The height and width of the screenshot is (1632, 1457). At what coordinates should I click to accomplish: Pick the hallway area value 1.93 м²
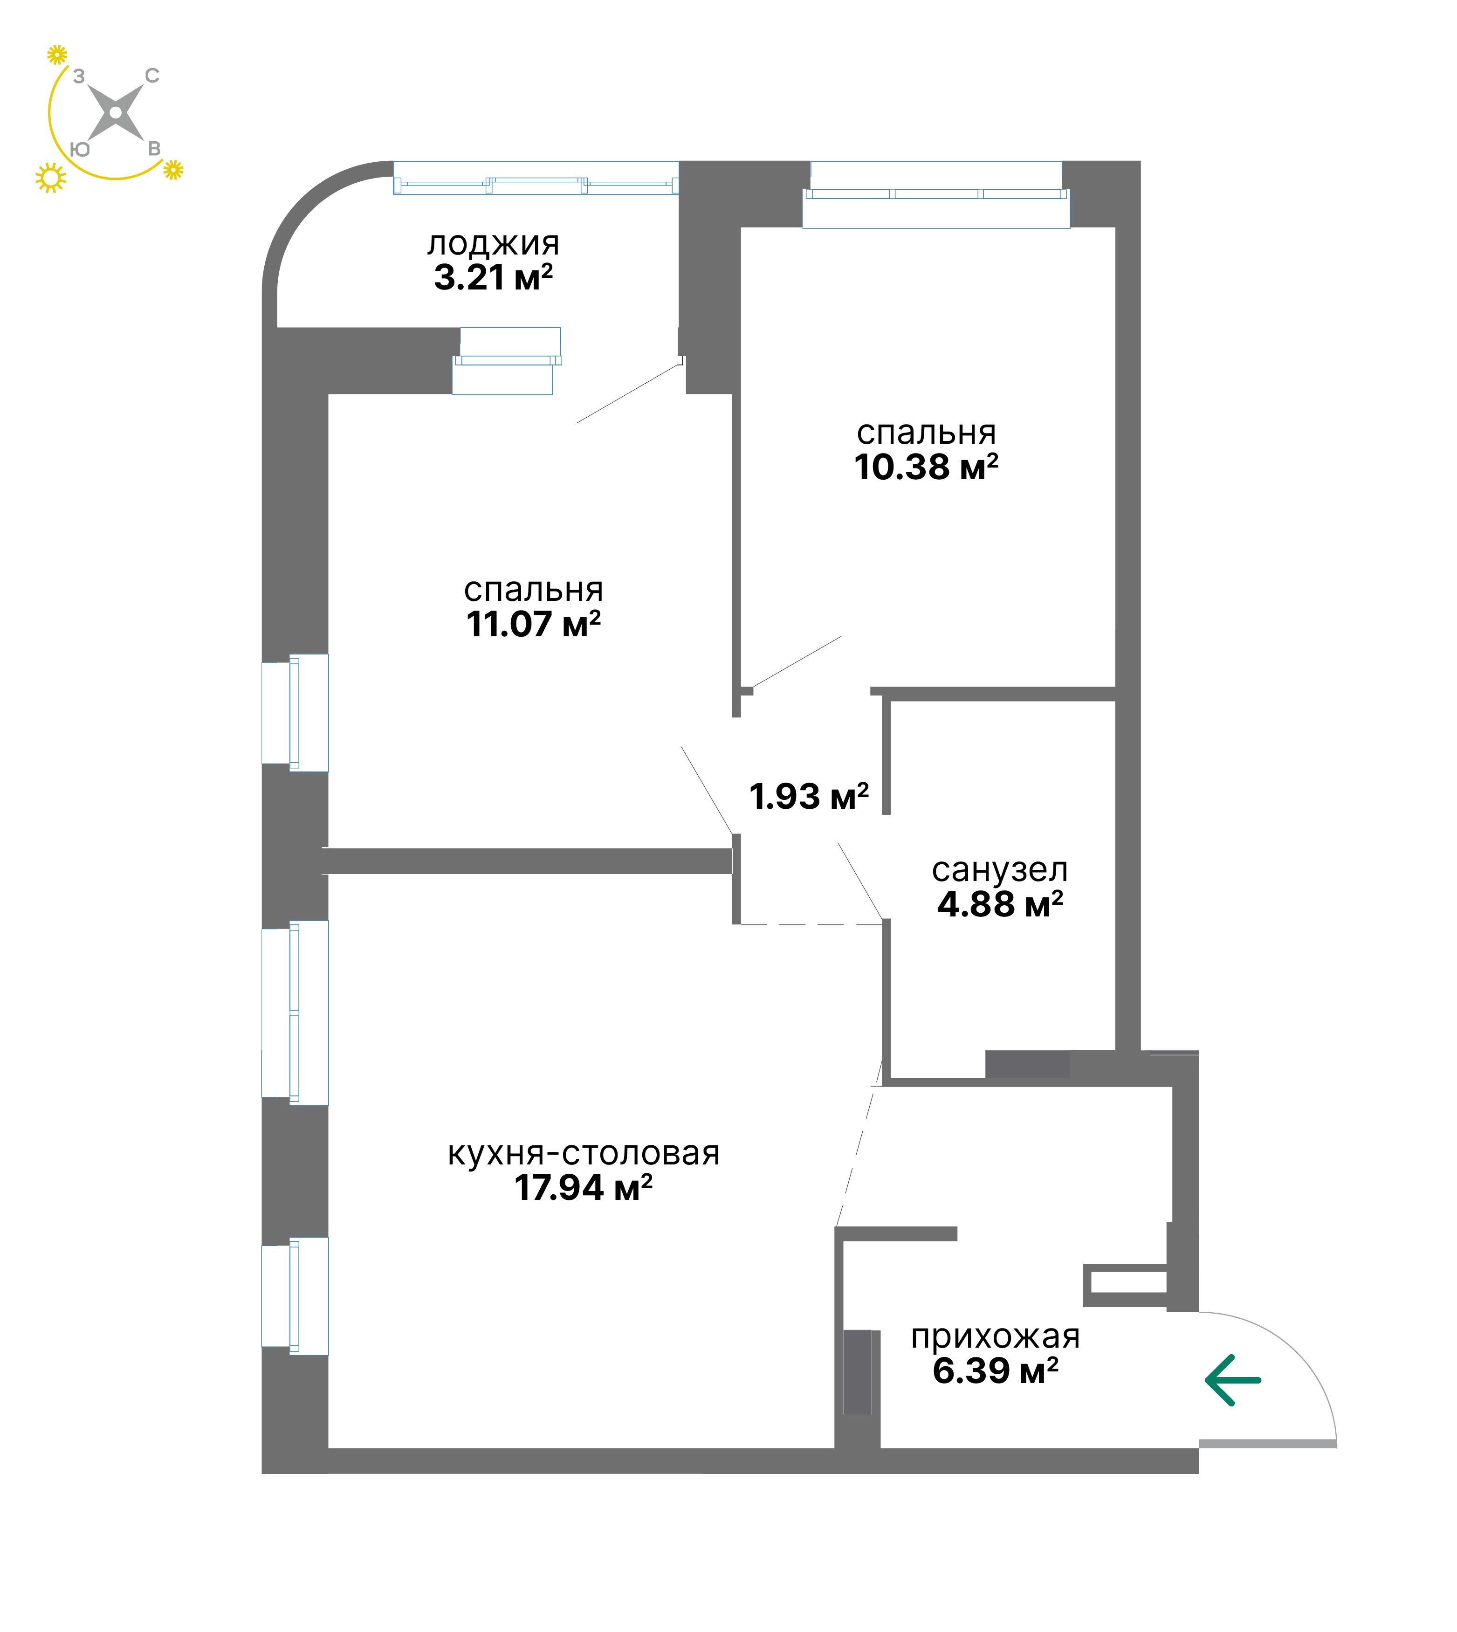(809, 796)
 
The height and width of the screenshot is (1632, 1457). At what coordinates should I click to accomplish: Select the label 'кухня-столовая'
(584, 1153)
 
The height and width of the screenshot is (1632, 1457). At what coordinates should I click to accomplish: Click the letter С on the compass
(152, 76)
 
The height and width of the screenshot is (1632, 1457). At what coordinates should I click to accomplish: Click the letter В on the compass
(154, 149)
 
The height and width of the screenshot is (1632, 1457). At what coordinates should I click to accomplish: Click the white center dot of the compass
(116, 113)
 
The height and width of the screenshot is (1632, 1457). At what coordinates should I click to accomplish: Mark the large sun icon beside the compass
(50, 179)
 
